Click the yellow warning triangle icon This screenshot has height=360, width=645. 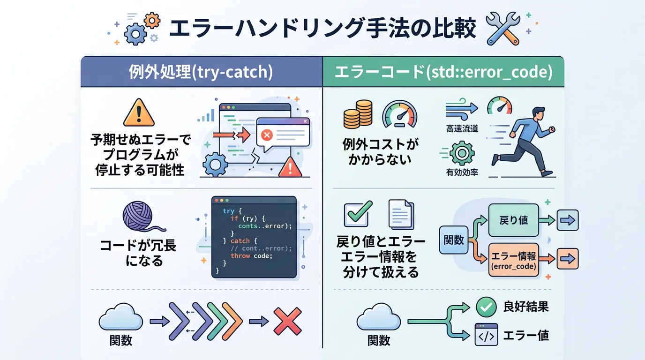pyautogui.click(x=139, y=113)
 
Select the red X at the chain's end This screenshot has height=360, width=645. pyautogui.click(x=287, y=321)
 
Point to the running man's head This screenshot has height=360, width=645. pyautogui.click(x=539, y=113)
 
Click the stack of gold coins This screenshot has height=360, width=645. pyautogui.click(x=358, y=115)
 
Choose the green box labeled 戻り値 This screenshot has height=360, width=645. pyautogui.click(x=513, y=220)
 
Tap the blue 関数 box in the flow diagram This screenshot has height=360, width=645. pyautogui.click(x=453, y=240)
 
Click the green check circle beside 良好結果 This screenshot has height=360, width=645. pyautogui.click(x=486, y=307)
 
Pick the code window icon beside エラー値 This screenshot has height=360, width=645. pyautogui.click(x=486, y=335)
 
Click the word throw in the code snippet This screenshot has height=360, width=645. pyautogui.click(x=240, y=256)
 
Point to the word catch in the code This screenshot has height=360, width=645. pyautogui.click(x=240, y=241)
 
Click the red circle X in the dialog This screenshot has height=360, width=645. pyautogui.click(x=267, y=135)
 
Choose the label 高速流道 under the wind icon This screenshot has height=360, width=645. pyautogui.click(x=462, y=128)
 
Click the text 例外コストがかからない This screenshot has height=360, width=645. pyautogui.click(x=380, y=151)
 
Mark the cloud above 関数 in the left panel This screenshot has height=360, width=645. pyautogui.click(x=120, y=320)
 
